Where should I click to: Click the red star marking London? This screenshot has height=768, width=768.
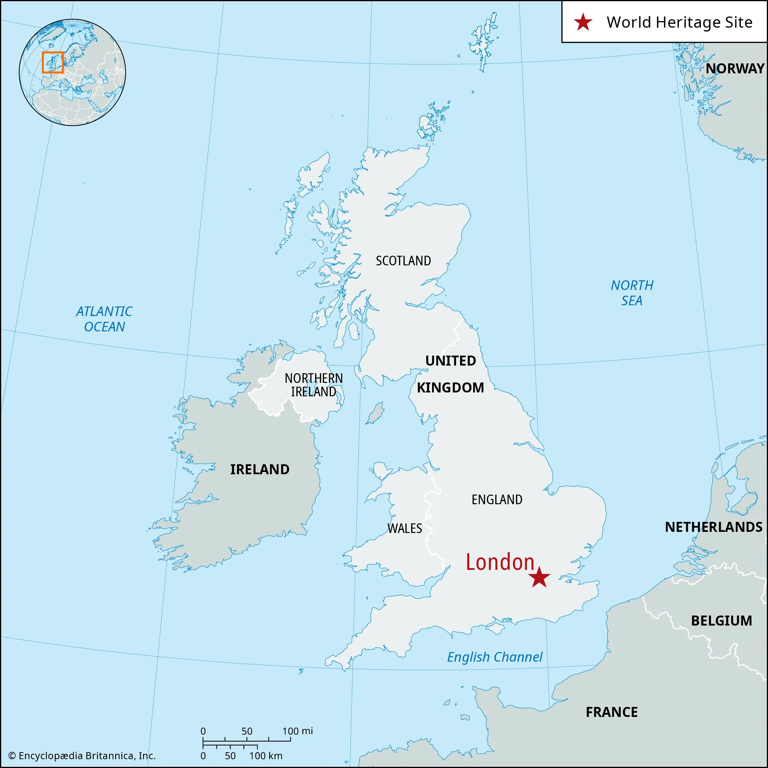539,577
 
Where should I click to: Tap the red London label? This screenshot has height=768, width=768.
500,562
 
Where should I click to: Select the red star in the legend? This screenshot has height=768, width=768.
583,22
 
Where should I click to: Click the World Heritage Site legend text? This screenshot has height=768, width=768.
679,22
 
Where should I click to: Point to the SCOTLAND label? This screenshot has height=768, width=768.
403,261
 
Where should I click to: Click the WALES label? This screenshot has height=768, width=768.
405,528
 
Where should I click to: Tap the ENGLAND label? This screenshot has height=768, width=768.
497,500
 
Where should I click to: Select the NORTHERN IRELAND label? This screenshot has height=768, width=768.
314,385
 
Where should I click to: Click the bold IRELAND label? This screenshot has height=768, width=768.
260,470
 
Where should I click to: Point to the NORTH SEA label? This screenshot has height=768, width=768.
632,293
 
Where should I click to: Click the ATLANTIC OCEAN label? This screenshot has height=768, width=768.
104,319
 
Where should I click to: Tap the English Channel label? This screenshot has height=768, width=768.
495,657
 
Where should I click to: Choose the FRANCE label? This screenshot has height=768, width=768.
611,712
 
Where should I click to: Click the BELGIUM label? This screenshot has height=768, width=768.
722,621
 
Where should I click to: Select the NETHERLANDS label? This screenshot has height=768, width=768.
713,527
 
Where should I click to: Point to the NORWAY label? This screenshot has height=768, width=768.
735,69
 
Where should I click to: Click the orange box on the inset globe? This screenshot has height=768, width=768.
53,63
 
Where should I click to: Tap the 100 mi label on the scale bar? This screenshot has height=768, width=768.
297,731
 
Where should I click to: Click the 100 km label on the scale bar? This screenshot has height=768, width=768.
266,756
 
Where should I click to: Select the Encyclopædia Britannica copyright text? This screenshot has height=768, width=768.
82,756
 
